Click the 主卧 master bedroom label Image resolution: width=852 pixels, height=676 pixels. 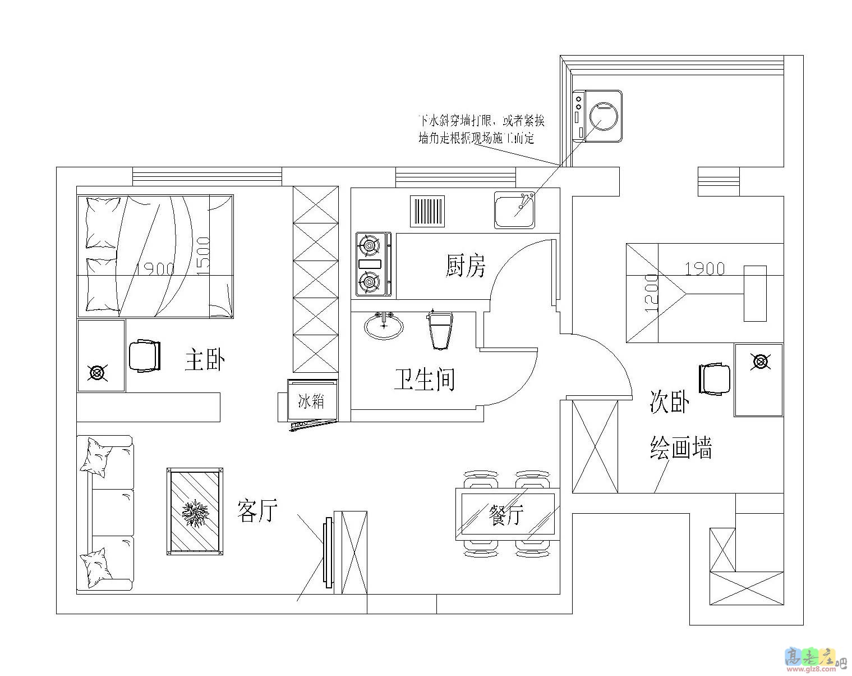(205, 360)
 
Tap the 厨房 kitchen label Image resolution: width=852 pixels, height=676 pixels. (465, 266)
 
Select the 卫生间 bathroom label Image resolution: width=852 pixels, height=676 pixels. (423, 380)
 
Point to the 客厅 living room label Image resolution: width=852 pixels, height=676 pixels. (257, 510)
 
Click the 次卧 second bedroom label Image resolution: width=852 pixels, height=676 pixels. (669, 402)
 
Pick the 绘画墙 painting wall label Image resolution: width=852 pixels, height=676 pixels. (681, 448)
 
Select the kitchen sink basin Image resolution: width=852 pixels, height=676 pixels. (514, 209)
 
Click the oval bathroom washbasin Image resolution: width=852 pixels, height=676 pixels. (384, 326)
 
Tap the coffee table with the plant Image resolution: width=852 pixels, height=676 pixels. (195, 511)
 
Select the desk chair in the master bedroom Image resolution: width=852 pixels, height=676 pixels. (145, 356)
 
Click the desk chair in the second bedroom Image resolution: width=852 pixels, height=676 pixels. (715, 380)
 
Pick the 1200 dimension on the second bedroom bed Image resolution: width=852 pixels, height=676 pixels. (651, 293)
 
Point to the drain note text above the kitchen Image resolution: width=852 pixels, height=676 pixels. (481, 129)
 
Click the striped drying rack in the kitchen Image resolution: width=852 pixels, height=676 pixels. (427, 211)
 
